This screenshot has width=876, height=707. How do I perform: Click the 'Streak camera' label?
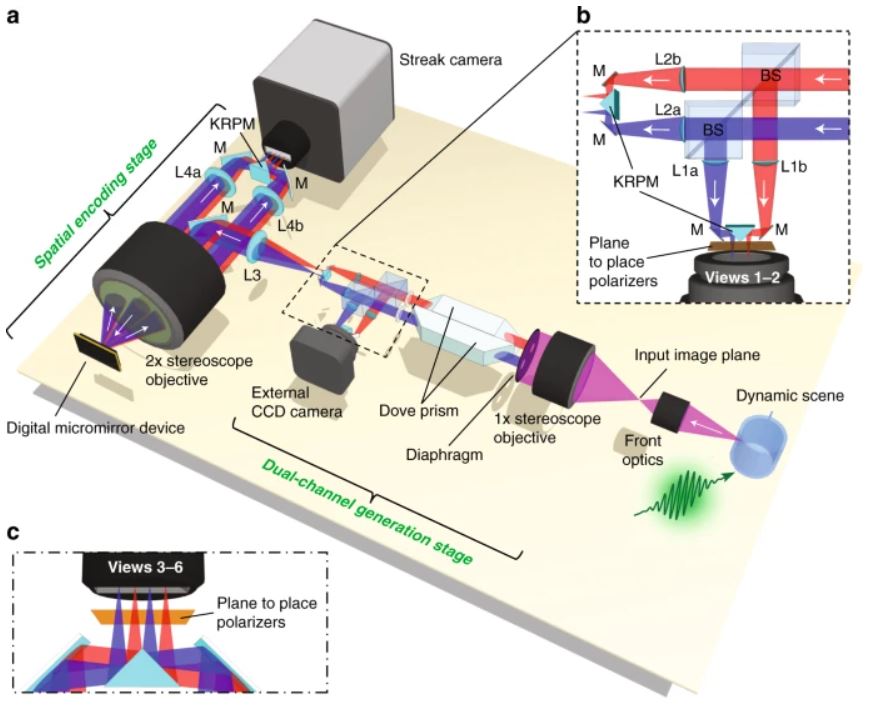point(450,59)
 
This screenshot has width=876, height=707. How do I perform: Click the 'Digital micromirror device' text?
point(96,429)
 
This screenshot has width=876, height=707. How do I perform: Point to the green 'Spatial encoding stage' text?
point(97,203)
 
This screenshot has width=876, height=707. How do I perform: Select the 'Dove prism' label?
point(418,411)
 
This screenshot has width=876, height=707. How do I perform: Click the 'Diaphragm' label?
point(444,454)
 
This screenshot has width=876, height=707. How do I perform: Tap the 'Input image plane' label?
point(697,355)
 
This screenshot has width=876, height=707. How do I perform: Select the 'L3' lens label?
point(253,274)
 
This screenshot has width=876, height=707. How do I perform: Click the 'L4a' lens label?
point(188,172)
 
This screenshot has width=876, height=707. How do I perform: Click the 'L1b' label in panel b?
point(793,166)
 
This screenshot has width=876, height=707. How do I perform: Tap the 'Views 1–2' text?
point(742,277)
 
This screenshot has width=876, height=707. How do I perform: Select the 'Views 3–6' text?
point(145,567)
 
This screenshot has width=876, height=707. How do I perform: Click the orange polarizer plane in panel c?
point(143,616)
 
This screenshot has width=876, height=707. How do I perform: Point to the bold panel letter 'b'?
point(583,16)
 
